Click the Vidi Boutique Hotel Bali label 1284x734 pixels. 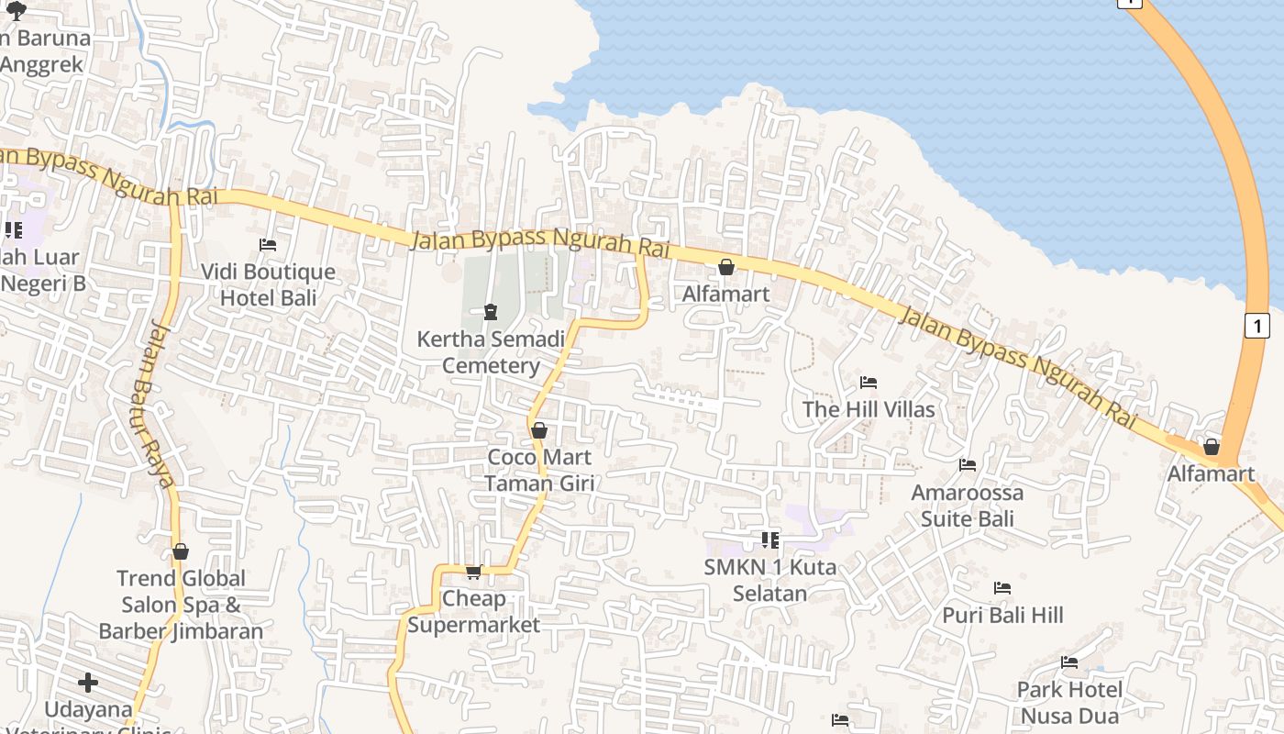(269, 284)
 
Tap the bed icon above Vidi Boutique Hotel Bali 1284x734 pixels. (268, 245)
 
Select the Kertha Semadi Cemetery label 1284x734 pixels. (491, 352)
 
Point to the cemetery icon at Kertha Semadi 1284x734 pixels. (491, 312)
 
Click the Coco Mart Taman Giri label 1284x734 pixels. (539, 470)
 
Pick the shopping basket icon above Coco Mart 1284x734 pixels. (539, 430)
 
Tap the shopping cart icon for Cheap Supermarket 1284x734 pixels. (473, 573)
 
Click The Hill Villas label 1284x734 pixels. (869, 409)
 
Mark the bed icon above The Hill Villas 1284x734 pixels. (869, 382)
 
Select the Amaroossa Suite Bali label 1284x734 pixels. (967, 506)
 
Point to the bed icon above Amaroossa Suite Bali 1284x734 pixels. (968, 465)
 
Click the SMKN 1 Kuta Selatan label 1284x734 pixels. (770, 580)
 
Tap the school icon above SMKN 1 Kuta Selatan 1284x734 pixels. (770, 539)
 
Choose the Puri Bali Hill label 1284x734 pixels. (1002, 615)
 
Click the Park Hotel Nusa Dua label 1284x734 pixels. (1069, 702)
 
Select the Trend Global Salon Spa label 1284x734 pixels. (181, 605)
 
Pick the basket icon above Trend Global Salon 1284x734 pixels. (181, 551)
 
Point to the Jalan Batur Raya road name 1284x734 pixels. (160, 405)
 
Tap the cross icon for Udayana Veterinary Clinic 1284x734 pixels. (88, 683)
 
